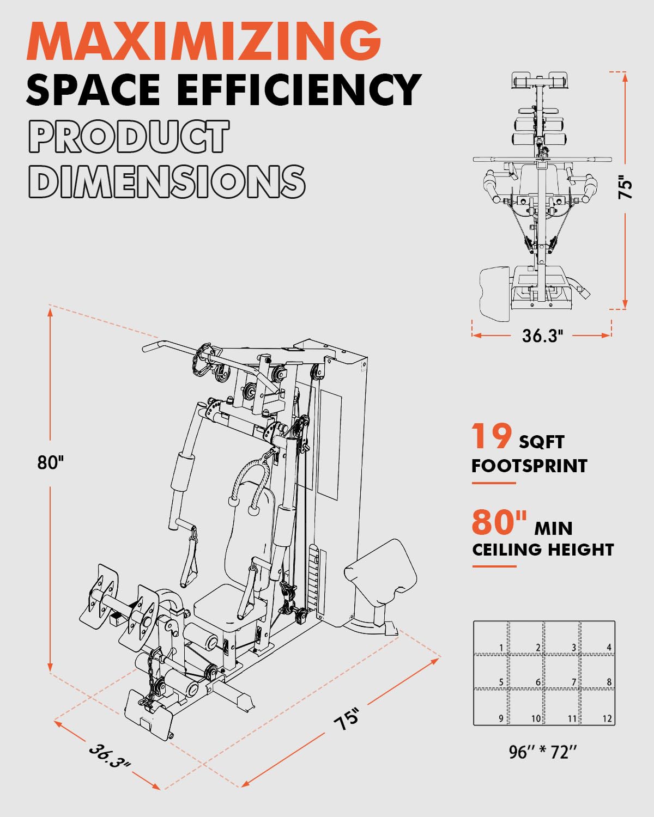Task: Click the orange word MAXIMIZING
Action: (204, 41)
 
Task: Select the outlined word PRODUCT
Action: (129, 136)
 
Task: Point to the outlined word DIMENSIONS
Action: (166, 181)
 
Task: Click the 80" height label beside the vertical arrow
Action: (51, 462)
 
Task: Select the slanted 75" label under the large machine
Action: (347, 718)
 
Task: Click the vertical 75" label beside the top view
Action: (626, 187)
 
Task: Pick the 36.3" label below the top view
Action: (542, 336)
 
